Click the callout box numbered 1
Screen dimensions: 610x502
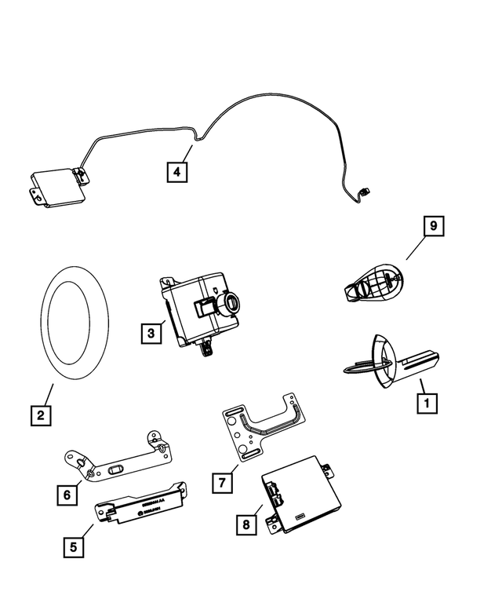coord(426,404)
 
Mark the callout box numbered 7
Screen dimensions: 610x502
coord(223,482)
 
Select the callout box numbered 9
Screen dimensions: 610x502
coord(432,227)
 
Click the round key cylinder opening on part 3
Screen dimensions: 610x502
coord(233,301)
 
